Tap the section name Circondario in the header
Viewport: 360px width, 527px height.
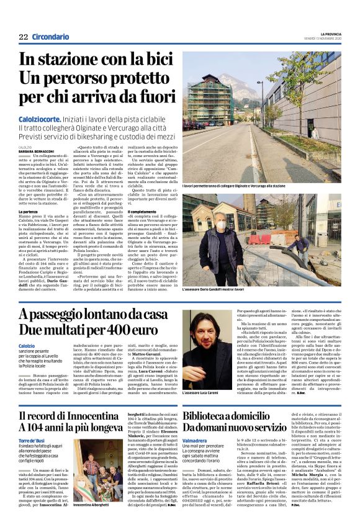pyautogui.click(x=51, y=37)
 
